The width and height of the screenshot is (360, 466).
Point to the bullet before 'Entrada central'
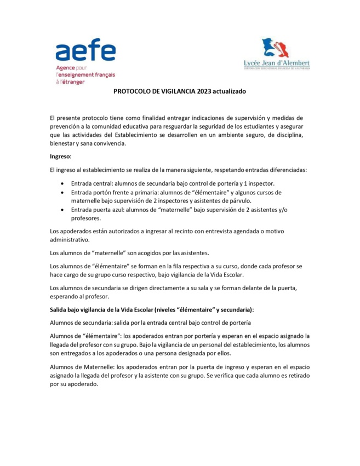(67, 183)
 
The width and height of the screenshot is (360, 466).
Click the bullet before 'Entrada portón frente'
(67, 193)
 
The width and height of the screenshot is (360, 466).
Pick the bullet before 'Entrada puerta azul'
(67, 210)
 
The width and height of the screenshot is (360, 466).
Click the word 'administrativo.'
(68, 240)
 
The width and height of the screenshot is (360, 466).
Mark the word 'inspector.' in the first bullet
(260, 183)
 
